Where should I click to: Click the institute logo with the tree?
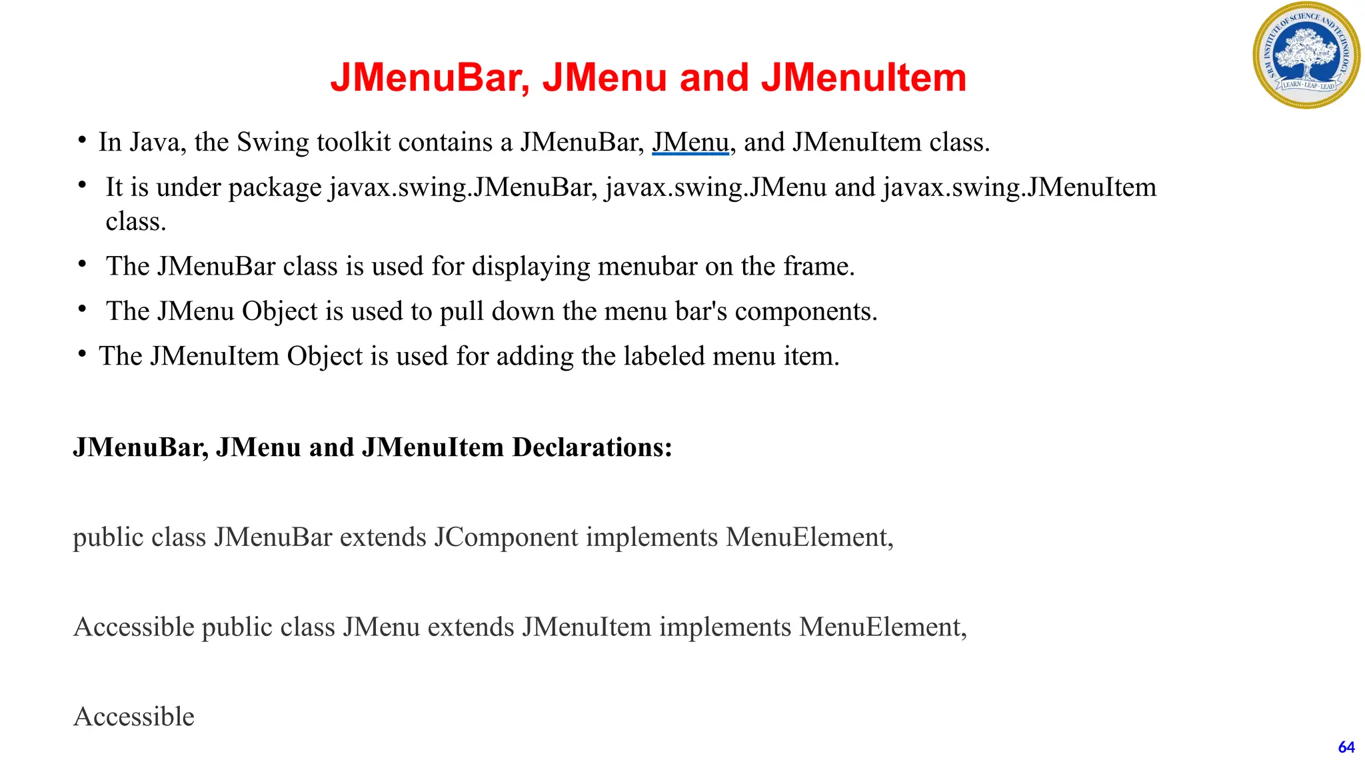1306,55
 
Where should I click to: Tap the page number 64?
1346,747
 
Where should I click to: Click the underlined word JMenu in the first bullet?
690,142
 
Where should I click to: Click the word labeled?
665,356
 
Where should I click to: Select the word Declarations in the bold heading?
592,447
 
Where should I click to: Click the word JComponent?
506,537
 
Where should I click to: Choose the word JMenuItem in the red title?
864,77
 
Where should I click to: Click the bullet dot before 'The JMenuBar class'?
82,265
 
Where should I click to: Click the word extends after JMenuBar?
383,537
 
